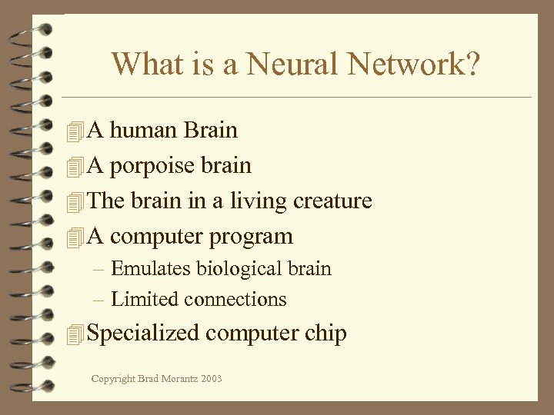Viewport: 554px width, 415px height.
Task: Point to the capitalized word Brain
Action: (x=211, y=130)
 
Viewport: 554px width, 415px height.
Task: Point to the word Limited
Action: (x=144, y=299)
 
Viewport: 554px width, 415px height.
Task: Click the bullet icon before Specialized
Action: (x=74, y=334)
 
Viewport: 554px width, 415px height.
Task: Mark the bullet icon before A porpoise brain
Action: (x=74, y=166)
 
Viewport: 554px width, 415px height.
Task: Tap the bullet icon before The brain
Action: (x=74, y=201)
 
